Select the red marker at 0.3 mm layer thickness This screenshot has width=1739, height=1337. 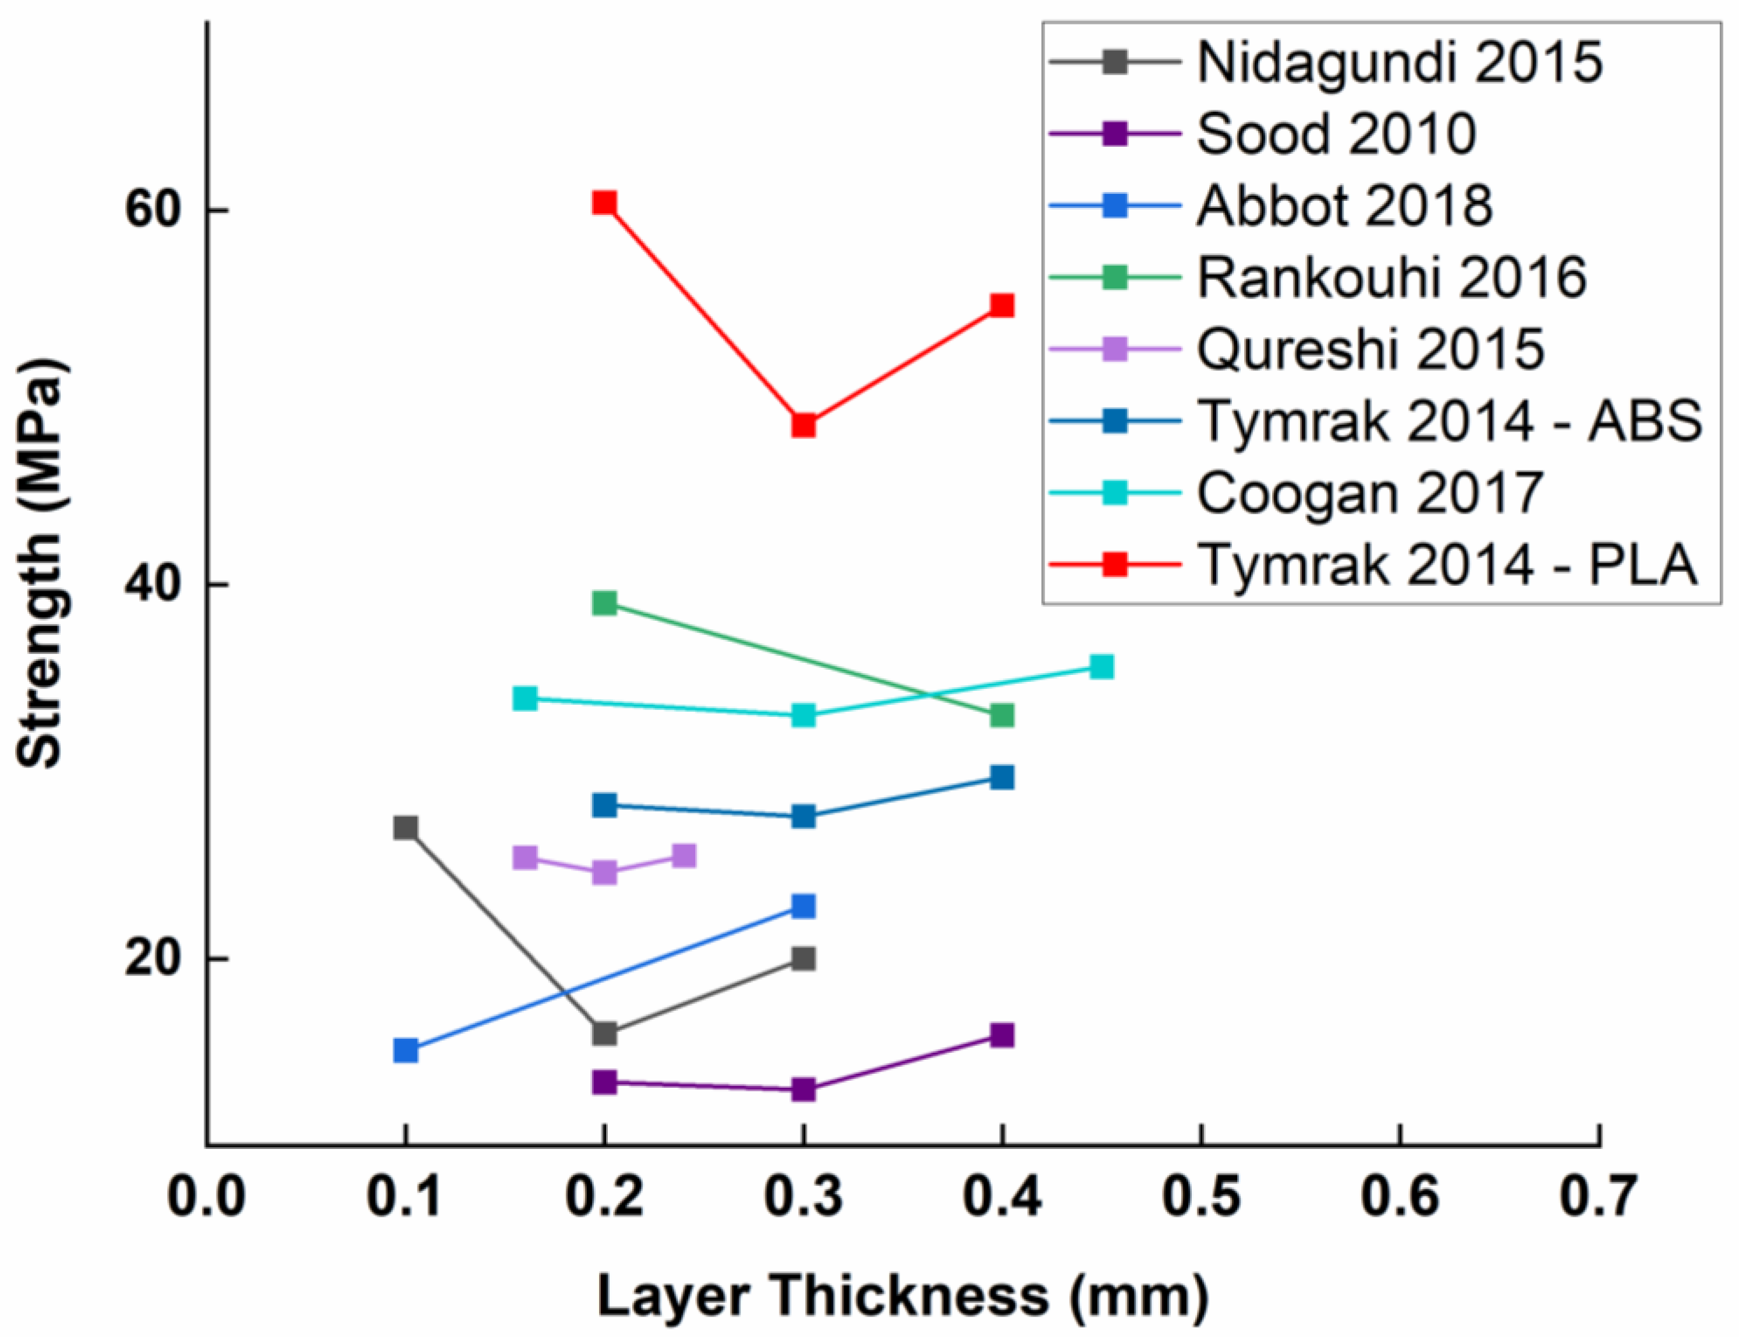coord(803,425)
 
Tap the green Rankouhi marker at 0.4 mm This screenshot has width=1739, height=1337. coord(1003,715)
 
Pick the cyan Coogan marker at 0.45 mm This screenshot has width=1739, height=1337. coord(1101,666)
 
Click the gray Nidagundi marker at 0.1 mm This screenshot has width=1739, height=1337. coord(406,827)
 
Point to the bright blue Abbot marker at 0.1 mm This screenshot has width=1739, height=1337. coord(406,1050)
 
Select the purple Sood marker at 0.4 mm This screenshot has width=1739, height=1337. coord(1003,1035)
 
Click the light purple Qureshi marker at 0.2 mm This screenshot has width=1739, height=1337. coord(604,872)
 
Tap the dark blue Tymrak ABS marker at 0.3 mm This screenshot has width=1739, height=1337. coord(803,816)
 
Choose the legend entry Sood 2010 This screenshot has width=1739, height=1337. coord(1337,134)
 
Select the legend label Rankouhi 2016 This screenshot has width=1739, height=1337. coord(1392,278)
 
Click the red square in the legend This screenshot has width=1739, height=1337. coord(1116,565)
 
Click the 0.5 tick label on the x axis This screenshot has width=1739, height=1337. coord(1201,1196)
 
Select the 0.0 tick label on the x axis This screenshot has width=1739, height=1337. coord(207,1196)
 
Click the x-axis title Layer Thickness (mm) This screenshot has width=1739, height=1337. coord(903,1296)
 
